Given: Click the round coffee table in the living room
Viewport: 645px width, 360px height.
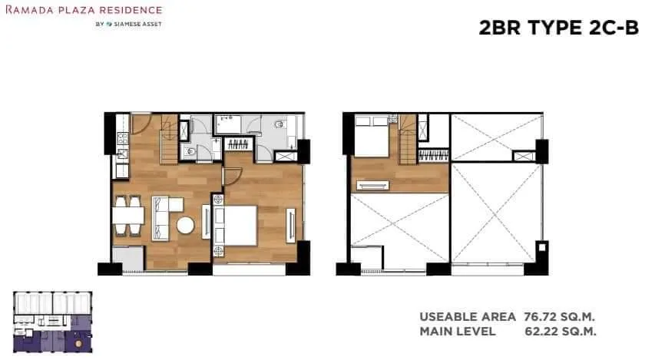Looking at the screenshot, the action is point(186,225).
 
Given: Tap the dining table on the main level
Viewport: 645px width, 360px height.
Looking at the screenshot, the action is point(128,216).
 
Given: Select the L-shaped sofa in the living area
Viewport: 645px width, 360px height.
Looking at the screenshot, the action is point(164,218).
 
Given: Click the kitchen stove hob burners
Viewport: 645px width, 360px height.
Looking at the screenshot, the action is point(123,138).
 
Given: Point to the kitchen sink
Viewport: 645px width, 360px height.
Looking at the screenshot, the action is point(122,154).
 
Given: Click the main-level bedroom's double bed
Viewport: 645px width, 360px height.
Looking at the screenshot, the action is point(235,226).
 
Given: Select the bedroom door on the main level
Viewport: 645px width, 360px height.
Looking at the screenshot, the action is point(232,177).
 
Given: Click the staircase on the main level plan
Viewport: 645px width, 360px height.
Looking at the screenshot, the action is point(169,139).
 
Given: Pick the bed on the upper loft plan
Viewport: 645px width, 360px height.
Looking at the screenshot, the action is point(372,136).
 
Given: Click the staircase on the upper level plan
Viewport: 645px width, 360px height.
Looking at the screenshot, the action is point(408,139).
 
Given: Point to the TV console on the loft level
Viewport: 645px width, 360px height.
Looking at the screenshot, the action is point(372,186).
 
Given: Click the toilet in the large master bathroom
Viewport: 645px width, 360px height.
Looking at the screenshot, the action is point(279,124).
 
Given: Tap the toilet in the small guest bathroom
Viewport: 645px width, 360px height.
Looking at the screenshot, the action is point(191,151).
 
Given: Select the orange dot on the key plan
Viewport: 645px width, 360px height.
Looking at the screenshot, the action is point(78,343).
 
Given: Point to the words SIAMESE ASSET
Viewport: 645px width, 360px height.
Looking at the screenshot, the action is point(137,25).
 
